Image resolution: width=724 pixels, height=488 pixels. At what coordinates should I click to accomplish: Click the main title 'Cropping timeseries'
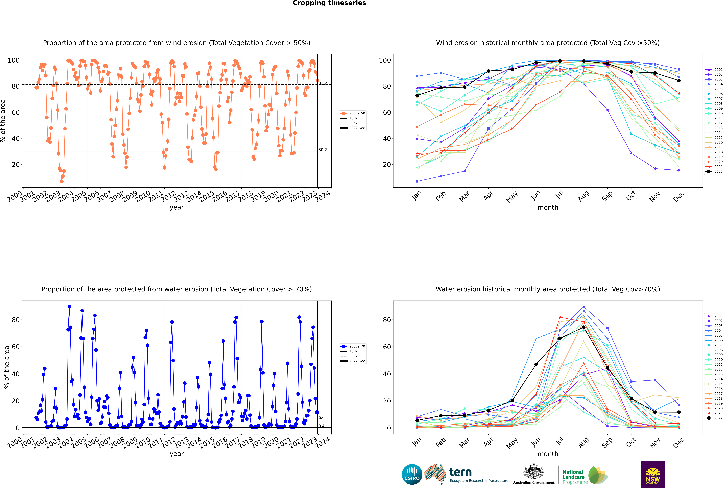pyautogui.click(x=329, y=3)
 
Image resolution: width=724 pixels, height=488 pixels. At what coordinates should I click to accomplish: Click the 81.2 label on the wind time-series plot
pyautogui.click(x=322, y=83)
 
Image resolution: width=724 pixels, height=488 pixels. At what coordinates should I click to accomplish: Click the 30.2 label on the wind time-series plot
pyautogui.click(x=322, y=150)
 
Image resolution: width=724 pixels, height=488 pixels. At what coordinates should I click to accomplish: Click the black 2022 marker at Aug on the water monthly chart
pyautogui.click(x=584, y=327)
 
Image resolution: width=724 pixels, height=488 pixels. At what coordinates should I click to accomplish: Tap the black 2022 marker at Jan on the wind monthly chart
pyautogui.click(x=417, y=96)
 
